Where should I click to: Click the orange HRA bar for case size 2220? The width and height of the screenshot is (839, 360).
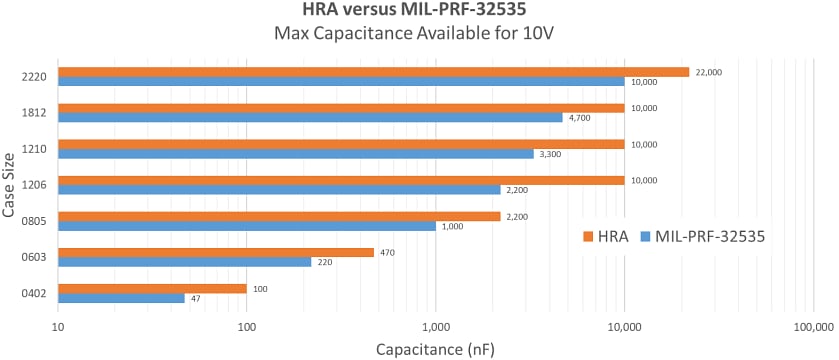click(374, 72)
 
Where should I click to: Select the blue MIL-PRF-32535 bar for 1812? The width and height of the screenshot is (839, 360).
click(310, 118)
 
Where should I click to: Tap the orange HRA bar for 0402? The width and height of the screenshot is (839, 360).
click(152, 288)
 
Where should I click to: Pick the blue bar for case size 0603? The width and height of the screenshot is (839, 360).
click(185, 262)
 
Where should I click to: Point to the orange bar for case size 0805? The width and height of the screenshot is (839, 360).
click(279, 216)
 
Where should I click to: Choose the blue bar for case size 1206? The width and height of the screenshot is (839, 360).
click(279, 190)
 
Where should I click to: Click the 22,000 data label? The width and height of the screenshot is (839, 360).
click(709, 72)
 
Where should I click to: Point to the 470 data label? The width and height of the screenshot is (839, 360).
click(388, 252)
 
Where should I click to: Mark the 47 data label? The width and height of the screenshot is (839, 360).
click(198, 298)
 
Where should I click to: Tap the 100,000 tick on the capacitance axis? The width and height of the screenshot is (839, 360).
click(811, 327)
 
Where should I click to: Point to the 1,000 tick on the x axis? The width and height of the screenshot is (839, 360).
click(435, 327)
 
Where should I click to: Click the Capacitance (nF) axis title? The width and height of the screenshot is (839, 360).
click(435, 349)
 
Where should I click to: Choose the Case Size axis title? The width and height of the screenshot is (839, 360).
click(9, 185)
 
